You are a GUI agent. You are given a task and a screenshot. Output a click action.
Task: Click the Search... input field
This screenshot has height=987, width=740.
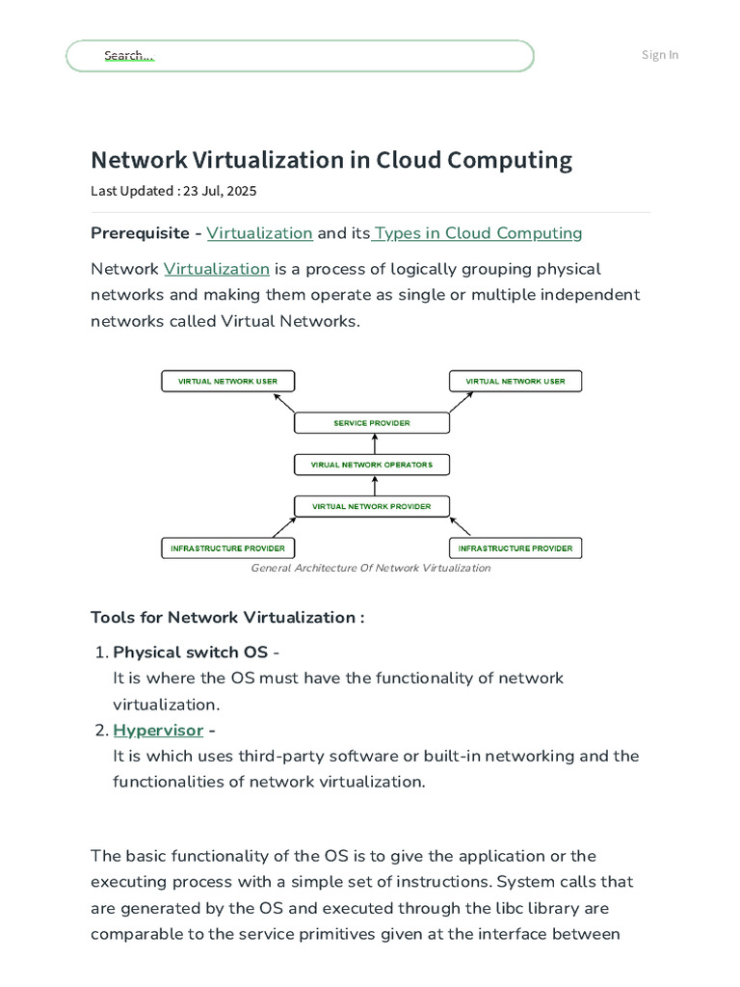pos(299,56)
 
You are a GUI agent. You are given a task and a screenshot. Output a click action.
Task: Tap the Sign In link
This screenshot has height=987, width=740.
pos(660,55)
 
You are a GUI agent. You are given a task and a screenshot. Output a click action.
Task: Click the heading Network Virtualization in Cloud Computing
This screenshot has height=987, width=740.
pos(330,160)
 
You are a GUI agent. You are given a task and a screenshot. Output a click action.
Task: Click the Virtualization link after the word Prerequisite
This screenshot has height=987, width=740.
pos(259,233)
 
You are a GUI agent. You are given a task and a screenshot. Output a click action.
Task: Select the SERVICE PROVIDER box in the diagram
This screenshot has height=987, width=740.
pos(371,423)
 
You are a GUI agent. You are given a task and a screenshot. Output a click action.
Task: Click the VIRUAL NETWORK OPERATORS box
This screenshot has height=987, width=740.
pos(371,465)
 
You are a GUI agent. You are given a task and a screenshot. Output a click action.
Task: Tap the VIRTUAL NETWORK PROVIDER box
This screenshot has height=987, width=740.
pos(371,506)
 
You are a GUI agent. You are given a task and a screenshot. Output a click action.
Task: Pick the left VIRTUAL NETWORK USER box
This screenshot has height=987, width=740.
pos(227,381)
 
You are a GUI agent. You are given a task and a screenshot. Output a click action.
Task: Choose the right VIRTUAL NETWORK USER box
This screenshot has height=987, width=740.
pos(515,381)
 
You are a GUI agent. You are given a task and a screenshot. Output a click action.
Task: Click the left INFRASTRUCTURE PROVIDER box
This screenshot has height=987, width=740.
pos(227,548)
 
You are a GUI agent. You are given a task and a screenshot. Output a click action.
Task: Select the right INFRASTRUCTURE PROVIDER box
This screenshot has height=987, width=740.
pos(515,548)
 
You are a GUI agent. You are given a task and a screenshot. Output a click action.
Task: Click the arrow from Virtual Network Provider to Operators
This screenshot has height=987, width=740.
pos(374,486)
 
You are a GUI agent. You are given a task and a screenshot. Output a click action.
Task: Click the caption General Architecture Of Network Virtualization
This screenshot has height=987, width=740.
pos(371,569)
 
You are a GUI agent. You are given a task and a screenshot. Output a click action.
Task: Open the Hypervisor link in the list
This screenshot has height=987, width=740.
pos(158,731)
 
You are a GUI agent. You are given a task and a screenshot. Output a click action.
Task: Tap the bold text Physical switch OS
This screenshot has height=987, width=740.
pos(190,653)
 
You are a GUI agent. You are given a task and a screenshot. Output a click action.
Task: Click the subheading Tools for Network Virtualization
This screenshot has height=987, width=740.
pos(227,618)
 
